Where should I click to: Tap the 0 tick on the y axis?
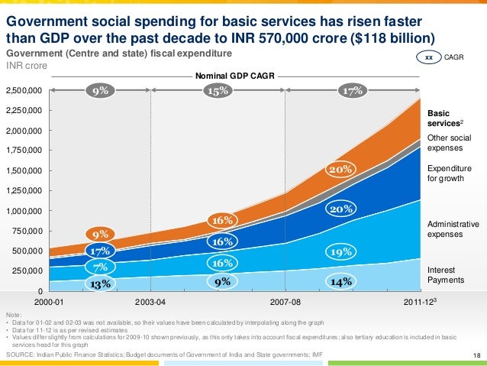point(40,291)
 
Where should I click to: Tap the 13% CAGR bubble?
point(98,283)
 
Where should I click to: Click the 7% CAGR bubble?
point(100,267)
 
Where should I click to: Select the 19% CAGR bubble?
point(340,251)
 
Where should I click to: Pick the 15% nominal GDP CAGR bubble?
point(219,90)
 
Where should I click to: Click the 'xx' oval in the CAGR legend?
point(429,57)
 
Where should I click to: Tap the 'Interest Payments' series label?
point(445,275)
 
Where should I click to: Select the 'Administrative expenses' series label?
point(453,229)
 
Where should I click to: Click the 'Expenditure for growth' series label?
point(450,173)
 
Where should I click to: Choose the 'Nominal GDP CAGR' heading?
point(232,76)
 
